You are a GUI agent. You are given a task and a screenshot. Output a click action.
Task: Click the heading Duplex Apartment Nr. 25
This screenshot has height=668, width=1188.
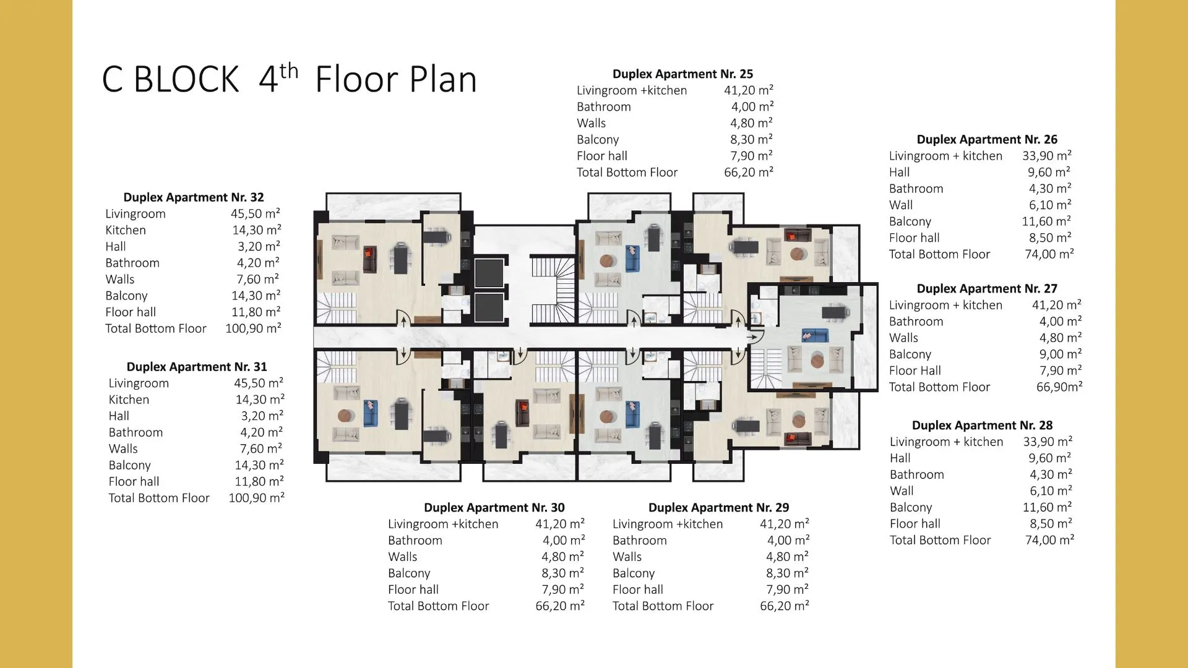tap(682, 74)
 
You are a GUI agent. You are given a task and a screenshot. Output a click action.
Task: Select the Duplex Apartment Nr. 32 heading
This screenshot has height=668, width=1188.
tap(194, 197)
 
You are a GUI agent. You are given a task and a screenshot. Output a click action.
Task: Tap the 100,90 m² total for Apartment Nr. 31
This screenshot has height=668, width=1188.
tap(257, 498)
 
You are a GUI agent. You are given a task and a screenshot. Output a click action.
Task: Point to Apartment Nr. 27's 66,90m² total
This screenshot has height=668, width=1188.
tap(1059, 387)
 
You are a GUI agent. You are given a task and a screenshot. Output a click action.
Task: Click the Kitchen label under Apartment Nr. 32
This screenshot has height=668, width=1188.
tap(126, 230)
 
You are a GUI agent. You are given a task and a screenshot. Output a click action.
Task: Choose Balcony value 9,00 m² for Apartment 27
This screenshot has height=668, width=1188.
tap(1061, 354)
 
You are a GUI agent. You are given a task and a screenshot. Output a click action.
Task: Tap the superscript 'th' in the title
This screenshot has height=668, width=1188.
tap(289, 71)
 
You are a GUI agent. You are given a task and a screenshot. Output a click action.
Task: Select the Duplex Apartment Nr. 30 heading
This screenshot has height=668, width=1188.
tap(494, 508)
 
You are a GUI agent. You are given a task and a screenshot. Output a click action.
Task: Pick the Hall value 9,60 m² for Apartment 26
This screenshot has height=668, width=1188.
tap(1049, 173)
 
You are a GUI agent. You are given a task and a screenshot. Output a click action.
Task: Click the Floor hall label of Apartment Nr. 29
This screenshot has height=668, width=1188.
tap(638, 590)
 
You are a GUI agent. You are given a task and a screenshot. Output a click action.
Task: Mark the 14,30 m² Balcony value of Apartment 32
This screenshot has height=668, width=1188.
tap(256, 296)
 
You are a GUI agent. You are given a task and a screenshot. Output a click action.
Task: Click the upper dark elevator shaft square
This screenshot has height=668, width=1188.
tap(489, 273)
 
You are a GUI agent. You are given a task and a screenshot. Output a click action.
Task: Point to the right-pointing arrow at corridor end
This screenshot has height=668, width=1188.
tap(752, 338)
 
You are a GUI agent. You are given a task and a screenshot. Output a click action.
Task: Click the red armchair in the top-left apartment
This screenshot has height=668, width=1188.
tap(369, 254)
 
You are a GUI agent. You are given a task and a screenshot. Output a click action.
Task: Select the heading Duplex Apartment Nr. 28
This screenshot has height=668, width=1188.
tap(982, 426)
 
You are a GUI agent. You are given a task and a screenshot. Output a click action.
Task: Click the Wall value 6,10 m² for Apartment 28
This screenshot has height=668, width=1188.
tap(1051, 491)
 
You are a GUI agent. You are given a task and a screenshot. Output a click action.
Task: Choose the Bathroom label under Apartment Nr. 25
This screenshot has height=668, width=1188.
tap(604, 107)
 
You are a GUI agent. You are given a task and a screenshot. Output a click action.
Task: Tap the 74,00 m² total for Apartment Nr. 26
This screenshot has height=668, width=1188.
tap(1049, 254)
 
